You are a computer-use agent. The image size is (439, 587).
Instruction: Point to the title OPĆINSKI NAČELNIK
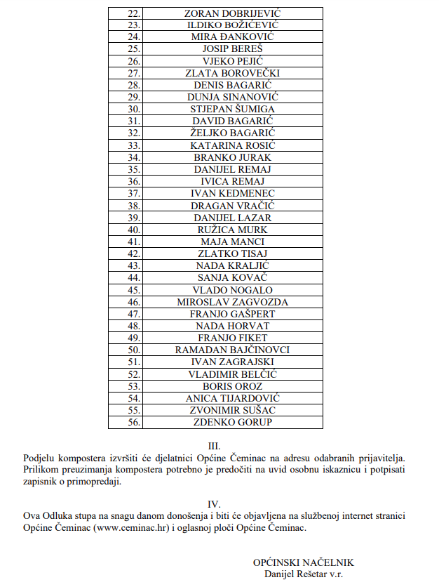(304, 563)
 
